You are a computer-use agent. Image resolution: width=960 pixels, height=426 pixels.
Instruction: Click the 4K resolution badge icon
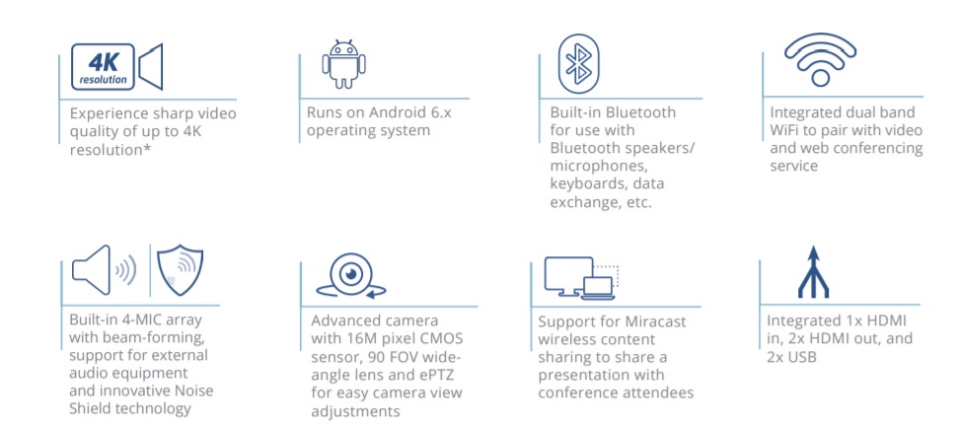[x=103, y=67]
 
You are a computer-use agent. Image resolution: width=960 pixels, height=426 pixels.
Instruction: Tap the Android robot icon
[x=343, y=64]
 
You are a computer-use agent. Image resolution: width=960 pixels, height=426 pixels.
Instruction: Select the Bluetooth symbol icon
[x=578, y=64]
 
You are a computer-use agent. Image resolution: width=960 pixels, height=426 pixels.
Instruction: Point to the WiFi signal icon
[x=820, y=59]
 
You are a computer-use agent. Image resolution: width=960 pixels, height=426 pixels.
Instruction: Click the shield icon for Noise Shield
[x=180, y=270]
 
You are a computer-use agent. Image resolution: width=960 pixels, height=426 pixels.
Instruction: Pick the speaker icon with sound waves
[x=104, y=270]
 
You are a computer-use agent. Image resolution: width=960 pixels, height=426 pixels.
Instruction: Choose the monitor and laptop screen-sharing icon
[x=581, y=278]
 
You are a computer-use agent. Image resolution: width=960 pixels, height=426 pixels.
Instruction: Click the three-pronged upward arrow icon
[x=813, y=272]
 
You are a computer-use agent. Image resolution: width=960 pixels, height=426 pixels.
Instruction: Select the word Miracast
[x=658, y=321]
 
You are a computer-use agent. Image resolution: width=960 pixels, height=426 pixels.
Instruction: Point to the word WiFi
[x=783, y=130]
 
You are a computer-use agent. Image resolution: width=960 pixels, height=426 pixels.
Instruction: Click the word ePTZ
[x=441, y=374]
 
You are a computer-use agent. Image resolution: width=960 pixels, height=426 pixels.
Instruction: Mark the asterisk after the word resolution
[x=148, y=147]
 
